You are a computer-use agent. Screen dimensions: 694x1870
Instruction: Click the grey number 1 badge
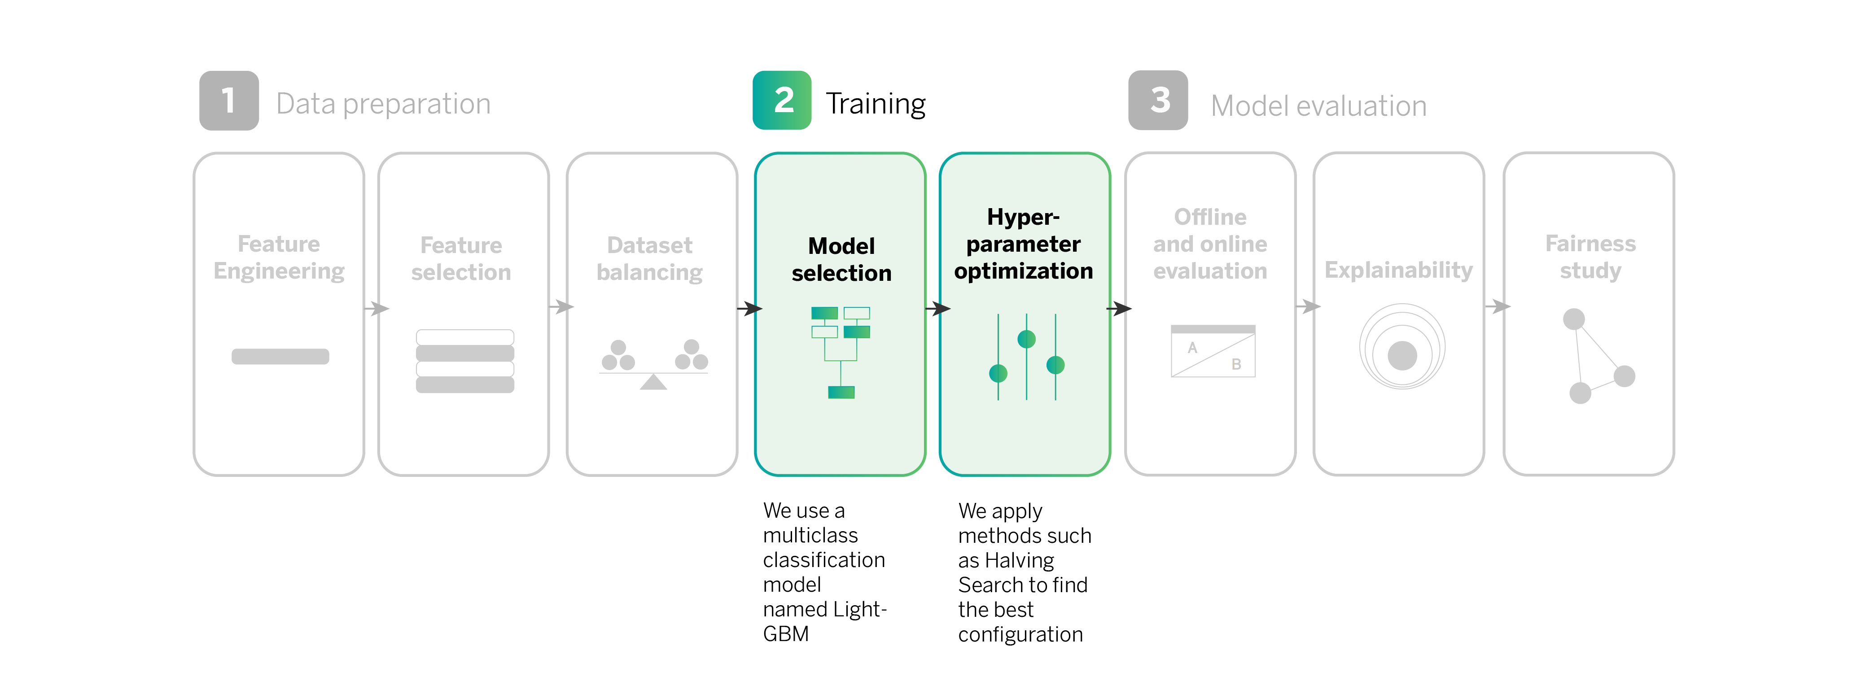pyautogui.click(x=229, y=101)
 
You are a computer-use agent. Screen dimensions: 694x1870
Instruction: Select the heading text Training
pyautogui.click(x=876, y=104)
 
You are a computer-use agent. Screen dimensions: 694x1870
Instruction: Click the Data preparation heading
pyautogui.click(x=383, y=104)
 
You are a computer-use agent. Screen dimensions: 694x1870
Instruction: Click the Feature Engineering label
pyautogui.click(x=279, y=257)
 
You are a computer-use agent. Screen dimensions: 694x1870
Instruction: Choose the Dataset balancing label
pyautogui.click(x=650, y=258)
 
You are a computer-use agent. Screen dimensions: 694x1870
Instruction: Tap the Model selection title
pyautogui.click(x=841, y=259)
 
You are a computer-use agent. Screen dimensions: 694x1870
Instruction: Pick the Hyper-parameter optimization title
pyautogui.click(x=1024, y=244)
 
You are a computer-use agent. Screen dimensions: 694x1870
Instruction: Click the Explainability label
pyautogui.click(x=1398, y=270)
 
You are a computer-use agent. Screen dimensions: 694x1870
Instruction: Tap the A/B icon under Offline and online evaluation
pyautogui.click(x=1212, y=351)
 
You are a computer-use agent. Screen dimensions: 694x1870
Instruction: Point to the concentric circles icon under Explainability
pyautogui.click(x=1402, y=347)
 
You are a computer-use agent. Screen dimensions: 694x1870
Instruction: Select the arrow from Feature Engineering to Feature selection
pyautogui.click(x=376, y=309)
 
